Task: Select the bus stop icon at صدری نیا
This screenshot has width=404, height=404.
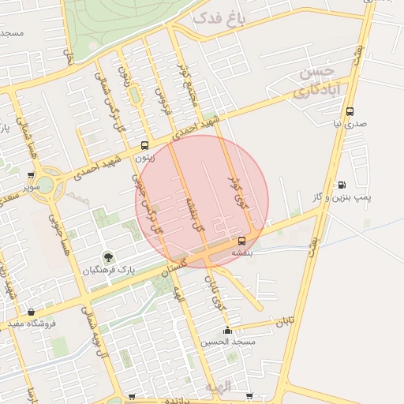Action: click(350, 112)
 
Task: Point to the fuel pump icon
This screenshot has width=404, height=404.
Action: click(341, 185)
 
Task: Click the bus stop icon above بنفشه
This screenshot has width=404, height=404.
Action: click(241, 241)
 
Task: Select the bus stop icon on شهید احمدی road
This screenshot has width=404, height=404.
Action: click(144, 145)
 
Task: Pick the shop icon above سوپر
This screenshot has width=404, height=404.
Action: click(31, 176)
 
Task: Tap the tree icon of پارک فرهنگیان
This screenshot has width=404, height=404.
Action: click(108, 257)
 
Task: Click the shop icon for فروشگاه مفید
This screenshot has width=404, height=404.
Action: click(31, 312)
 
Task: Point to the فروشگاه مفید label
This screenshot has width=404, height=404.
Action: click(32, 324)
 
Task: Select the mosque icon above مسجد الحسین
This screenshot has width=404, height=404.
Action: click(227, 330)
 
